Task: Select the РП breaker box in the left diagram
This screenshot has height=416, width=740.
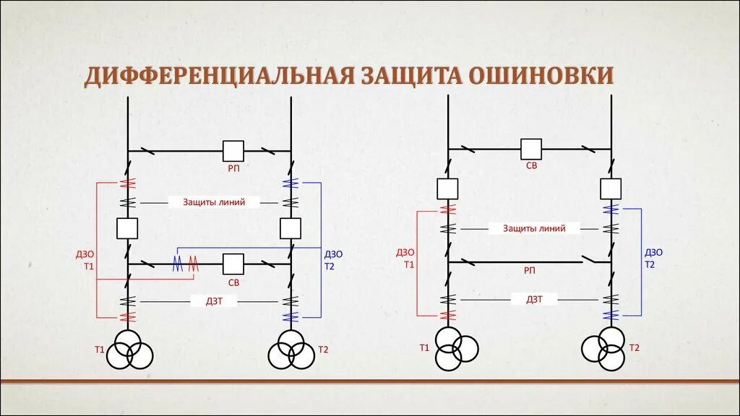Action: point(233,151)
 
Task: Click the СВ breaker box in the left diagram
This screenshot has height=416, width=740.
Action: point(233,264)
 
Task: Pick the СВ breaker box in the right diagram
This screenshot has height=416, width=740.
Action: point(531,149)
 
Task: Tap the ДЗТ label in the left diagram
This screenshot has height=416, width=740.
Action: point(213,300)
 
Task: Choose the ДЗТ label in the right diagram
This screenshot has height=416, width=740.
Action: point(534,299)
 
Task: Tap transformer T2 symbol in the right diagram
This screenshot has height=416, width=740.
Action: point(604,348)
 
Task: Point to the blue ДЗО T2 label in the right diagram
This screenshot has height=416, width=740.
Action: point(653,259)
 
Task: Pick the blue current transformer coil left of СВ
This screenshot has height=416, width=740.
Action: point(178,264)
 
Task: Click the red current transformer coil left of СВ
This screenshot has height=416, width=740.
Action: point(193,264)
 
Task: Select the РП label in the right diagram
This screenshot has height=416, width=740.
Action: point(530,269)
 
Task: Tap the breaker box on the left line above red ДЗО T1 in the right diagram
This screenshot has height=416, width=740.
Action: point(448,189)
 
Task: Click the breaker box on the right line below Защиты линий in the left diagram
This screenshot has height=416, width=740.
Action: point(291,228)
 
